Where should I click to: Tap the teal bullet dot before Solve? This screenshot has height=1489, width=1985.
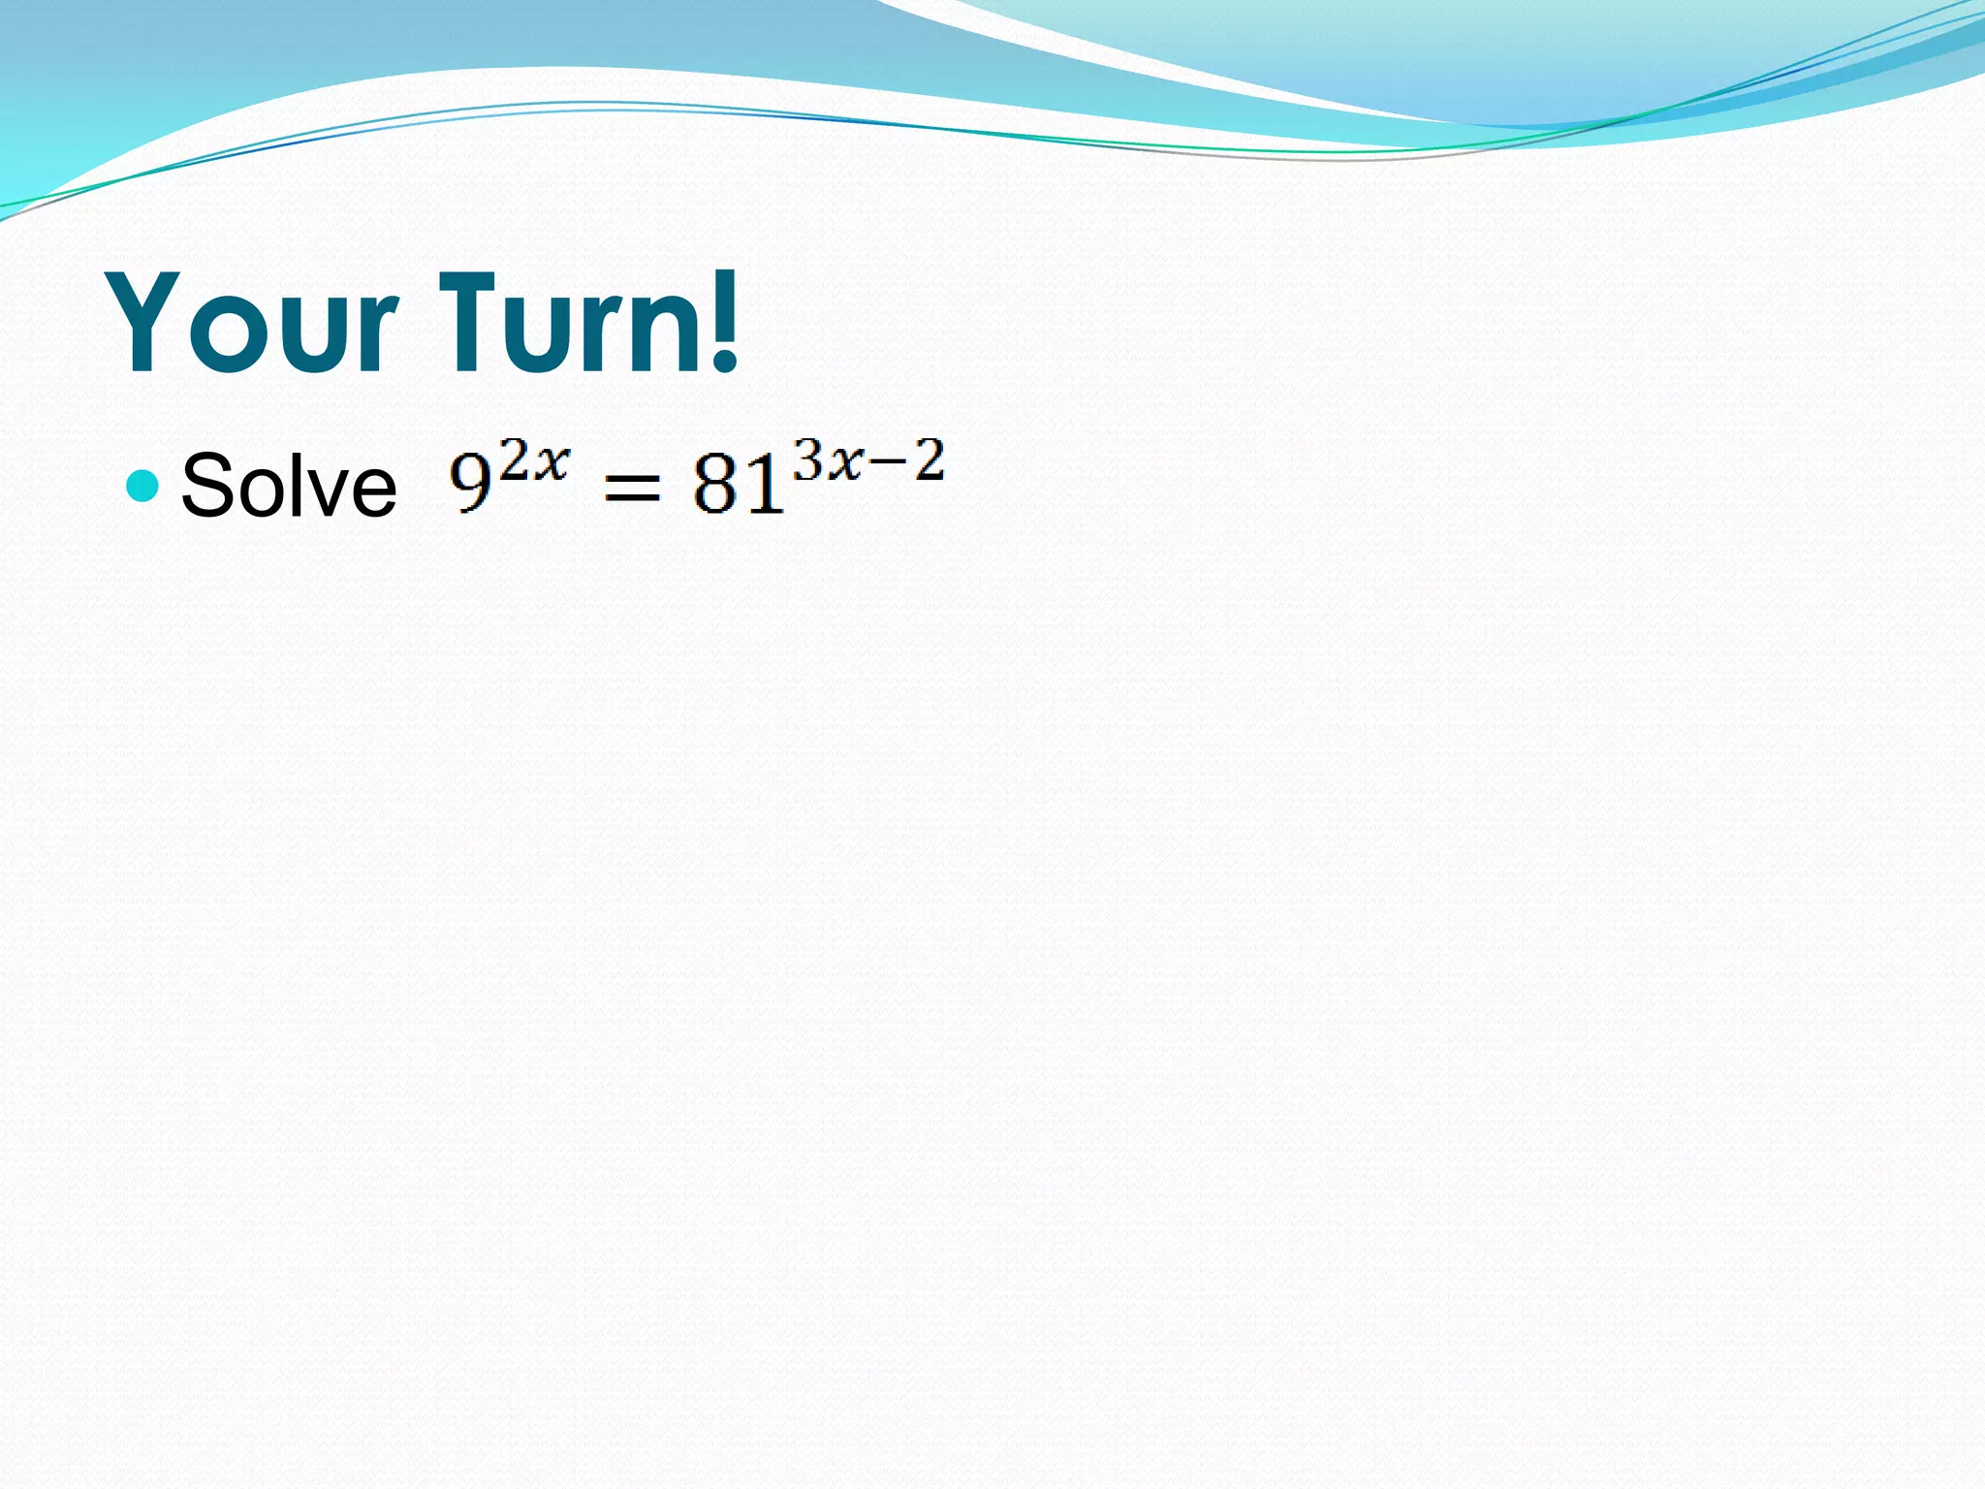point(142,485)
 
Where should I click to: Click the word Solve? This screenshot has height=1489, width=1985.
point(289,486)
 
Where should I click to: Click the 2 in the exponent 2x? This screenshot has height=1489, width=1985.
point(514,459)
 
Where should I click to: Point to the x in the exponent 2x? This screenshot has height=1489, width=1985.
point(551,463)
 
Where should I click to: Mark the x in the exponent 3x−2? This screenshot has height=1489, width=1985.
point(845,463)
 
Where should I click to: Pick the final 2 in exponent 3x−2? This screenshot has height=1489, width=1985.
point(928,459)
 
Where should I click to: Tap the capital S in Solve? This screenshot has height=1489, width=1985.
point(208,486)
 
